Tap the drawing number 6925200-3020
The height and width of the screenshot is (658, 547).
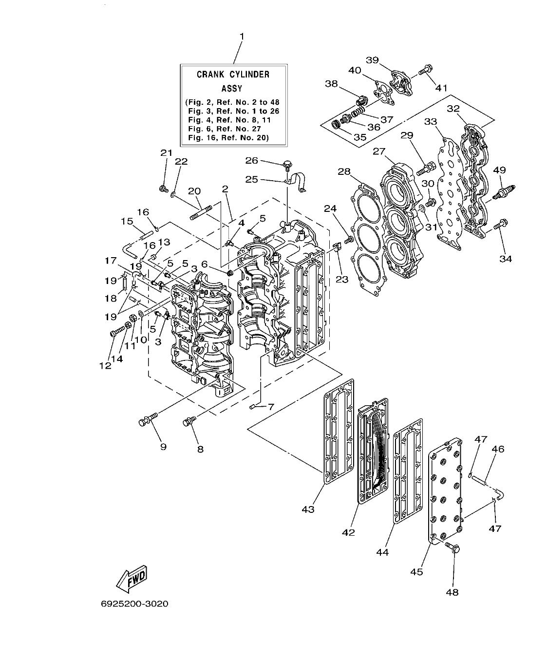click(134, 604)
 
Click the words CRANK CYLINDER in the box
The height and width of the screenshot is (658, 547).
click(233, 75)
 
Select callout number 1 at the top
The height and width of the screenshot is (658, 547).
click(241, 37)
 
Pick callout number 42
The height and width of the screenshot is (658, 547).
click(348, 532)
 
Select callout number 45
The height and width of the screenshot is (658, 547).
click(416, 571)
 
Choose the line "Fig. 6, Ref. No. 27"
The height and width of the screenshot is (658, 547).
click(225, 129)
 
